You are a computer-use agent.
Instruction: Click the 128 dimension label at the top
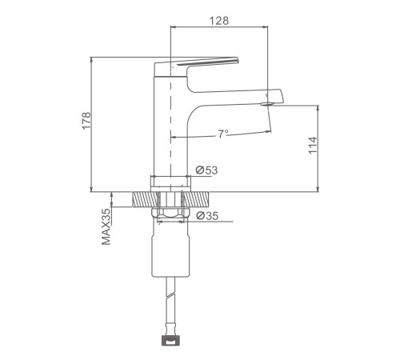[218, 21]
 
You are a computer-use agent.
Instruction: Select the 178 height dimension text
[86, 121]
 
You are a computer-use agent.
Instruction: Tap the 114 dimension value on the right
[313, 146]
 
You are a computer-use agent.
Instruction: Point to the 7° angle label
[223, 134]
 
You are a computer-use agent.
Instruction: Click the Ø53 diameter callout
[206, 170]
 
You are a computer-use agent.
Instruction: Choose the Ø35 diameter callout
[207, 216]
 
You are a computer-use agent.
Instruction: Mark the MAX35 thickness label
[106, 226]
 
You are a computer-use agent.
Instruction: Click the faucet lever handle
[196, 66]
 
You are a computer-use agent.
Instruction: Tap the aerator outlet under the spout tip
[267, 104]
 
